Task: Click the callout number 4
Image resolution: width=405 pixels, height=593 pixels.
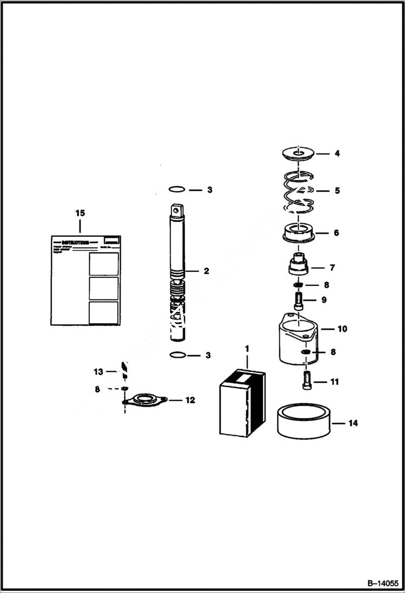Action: point(337,154)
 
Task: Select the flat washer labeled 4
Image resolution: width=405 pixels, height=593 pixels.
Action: point(298,153)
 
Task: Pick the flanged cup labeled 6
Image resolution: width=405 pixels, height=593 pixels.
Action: point(299,234)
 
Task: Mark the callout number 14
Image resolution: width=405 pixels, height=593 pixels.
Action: point(353,423)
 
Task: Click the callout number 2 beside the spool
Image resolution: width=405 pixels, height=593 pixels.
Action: point(206,271)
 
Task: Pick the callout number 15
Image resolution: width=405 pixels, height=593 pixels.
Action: point(80,214)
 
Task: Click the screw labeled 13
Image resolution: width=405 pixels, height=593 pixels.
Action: point(124,371)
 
